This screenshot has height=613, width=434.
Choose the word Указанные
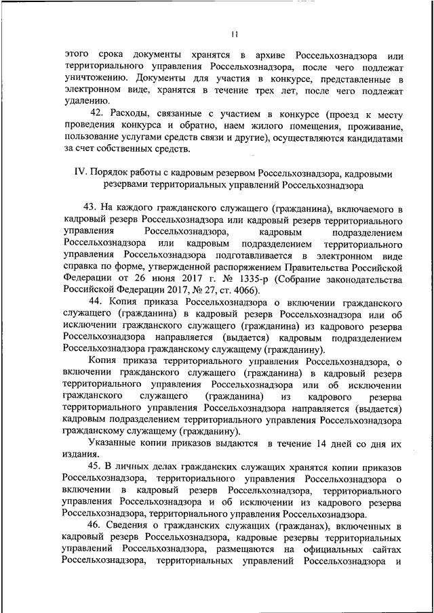111,443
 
